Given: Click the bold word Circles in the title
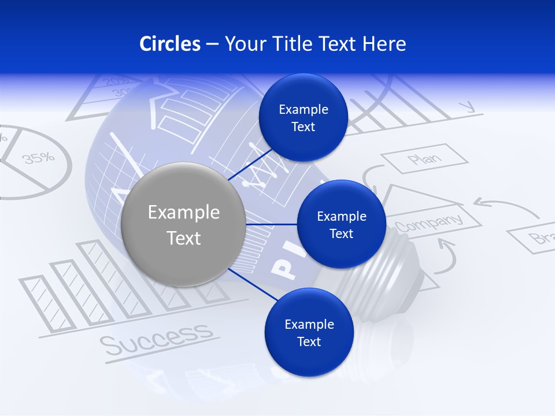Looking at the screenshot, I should coord(169,44).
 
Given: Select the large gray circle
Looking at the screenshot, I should coord(183,224).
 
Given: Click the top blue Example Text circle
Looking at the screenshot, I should coord(303,118).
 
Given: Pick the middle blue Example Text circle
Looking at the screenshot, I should coord(341,224).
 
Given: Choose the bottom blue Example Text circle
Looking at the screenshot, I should coord(309,332).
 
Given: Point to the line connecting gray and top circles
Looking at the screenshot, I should coord(251,165).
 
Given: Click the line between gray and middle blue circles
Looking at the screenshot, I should coord(271,224).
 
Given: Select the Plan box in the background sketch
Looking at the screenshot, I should coord(425,159).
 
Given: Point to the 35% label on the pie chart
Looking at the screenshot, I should coord(39,157).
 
